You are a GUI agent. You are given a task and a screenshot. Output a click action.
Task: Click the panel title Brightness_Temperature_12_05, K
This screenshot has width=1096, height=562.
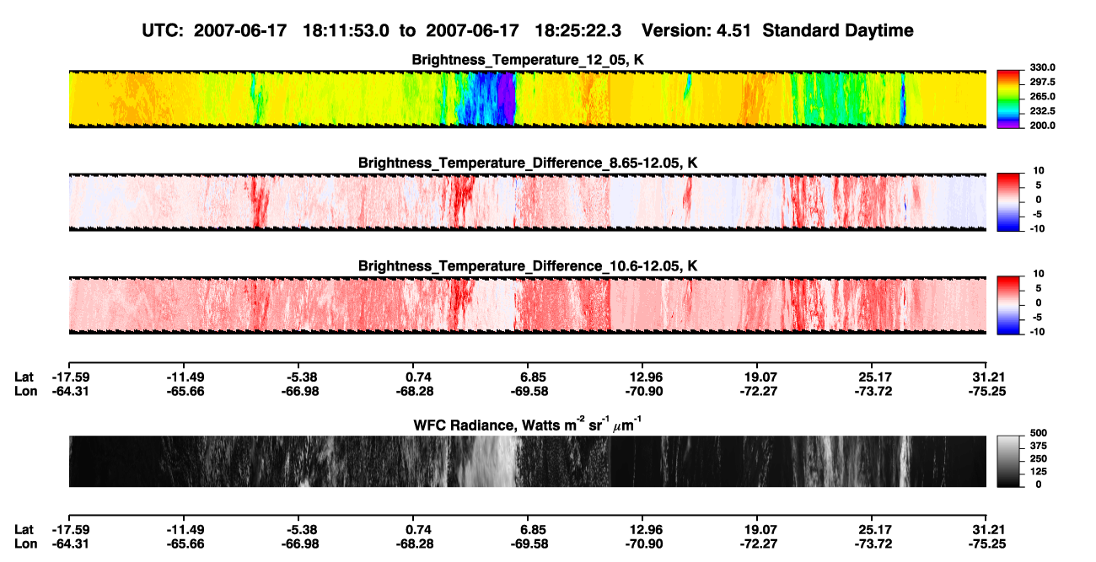[528, 60]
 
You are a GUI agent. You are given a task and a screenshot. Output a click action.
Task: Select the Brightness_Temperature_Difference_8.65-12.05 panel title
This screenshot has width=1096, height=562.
[528, 163]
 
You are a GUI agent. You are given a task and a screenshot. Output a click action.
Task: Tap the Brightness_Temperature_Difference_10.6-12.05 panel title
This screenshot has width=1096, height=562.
[528, 266]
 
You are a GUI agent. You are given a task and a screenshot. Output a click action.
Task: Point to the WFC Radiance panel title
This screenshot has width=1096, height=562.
[528, 425]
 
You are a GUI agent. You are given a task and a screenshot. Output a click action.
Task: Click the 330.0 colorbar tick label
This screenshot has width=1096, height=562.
[1042, 67]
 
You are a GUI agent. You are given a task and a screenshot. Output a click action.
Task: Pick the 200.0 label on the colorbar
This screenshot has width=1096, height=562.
[1042, 126]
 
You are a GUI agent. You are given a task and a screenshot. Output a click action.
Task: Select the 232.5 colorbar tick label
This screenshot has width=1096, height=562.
[1042, 111]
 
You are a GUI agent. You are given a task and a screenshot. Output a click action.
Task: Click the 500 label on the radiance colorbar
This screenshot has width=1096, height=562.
[1039, 433]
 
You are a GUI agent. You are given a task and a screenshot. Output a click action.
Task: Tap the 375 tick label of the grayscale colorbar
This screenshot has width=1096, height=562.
[1039, 446]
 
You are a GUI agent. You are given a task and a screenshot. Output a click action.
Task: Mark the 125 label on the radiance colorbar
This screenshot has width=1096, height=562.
[1039, 472]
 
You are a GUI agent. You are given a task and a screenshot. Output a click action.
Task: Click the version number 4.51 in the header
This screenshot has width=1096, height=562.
[733, 30]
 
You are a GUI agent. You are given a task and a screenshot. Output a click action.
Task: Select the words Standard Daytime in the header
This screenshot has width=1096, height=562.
[838, 30]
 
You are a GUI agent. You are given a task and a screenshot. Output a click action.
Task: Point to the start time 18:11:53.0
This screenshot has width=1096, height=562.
[346, 30]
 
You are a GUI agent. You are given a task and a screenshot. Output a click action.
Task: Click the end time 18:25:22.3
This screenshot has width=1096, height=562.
[578, 30]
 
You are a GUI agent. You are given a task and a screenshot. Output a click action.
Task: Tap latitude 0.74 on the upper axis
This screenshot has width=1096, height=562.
[418, 377]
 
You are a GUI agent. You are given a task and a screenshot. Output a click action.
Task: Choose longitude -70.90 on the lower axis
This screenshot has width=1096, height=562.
[644, 544]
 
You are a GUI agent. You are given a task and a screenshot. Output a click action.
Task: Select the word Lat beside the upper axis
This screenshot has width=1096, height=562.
[24, 377]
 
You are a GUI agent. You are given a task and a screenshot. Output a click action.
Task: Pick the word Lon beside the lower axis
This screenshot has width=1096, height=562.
[25, 544]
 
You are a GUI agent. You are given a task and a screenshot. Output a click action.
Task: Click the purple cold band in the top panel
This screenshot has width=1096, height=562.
[507, 98]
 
